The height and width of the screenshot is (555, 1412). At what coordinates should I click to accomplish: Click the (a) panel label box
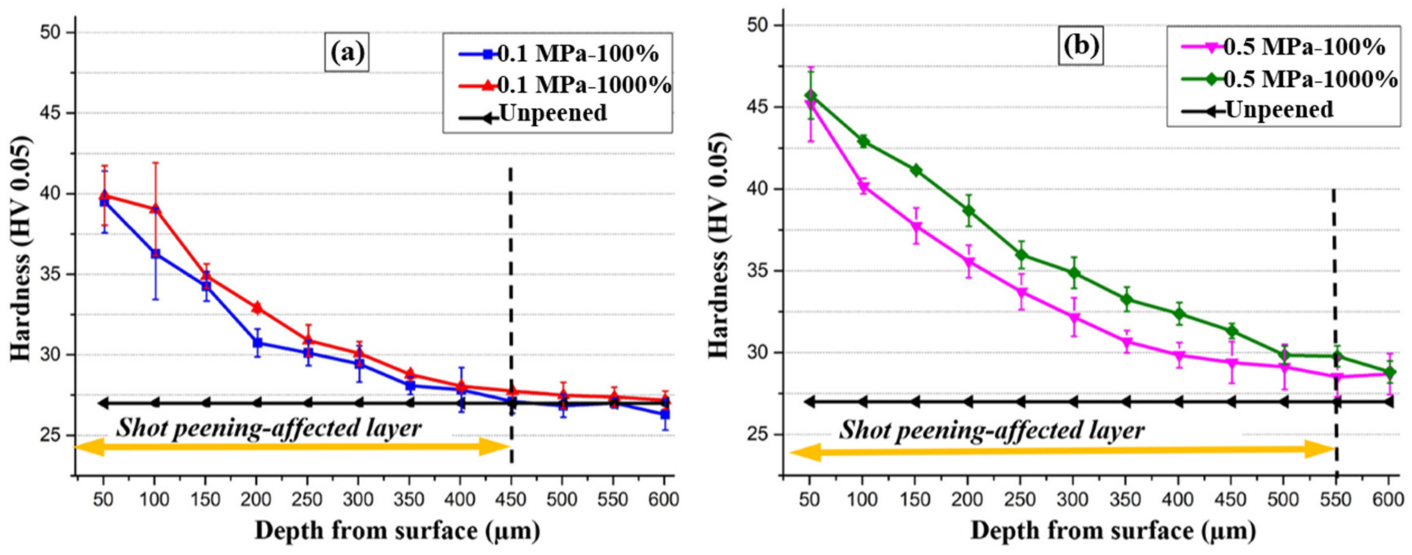click(x=346, y=53)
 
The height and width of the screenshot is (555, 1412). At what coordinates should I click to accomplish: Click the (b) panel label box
click(x=1081, y=46)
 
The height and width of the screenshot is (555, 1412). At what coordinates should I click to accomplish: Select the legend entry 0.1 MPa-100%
click(x=559, y=54)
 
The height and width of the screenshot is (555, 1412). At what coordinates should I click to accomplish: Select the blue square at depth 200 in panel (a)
click(x=257, y=343)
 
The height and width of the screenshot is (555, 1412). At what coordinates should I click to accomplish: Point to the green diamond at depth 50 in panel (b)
click(x=810, y=96)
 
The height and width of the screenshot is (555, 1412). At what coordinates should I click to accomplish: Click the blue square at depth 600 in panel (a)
click(x=665, y=414)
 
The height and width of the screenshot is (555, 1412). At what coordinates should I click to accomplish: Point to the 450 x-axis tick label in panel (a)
click(x=511, y=500)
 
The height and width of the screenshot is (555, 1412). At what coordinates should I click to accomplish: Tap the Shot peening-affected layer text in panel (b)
click(x=992, y=431)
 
